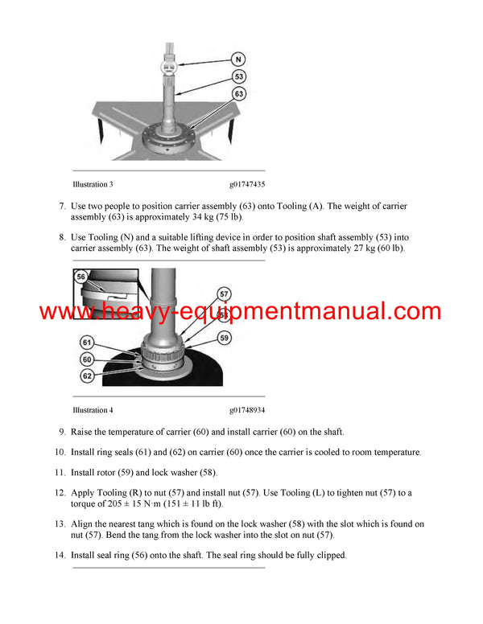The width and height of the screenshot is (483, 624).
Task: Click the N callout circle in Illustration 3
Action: tap(239, 59)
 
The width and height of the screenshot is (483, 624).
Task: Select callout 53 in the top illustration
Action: tap(239, 77)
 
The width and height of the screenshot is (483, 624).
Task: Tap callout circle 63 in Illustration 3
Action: tap(239, 95)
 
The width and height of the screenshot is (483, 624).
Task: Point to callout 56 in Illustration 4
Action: tap(81, 276)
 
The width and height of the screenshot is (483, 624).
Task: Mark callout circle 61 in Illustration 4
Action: tap(86, 343)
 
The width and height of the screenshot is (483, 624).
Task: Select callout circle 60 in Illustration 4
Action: tap(86, 359)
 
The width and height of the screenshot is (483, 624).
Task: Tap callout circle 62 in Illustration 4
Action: tap(86, 375)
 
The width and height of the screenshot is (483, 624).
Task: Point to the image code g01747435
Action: tap(246, 184)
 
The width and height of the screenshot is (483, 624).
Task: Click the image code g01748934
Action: tap(246, 410)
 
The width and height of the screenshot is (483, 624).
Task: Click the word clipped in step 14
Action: tap(328, 555)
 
